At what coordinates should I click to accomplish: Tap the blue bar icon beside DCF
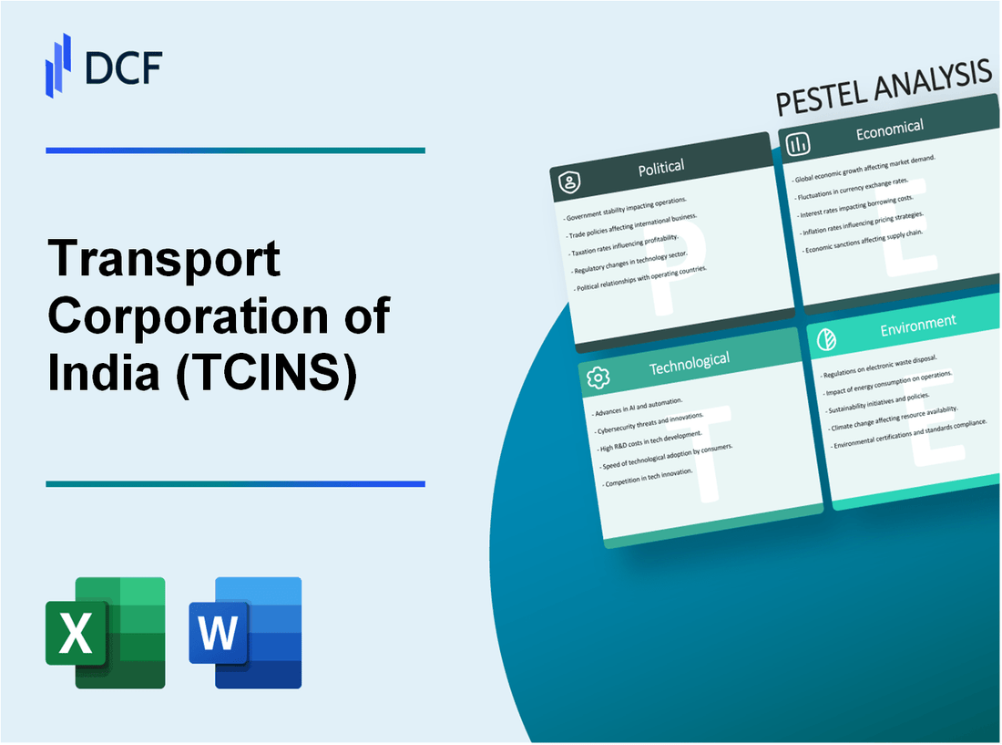(58, 65)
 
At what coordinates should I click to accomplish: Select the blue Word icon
(245, 632)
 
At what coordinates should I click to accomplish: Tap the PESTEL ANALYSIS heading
(883, 89)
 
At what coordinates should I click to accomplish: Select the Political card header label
(661, 168)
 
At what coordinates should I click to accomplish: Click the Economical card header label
(889, 129)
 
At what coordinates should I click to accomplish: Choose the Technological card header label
(689, 362)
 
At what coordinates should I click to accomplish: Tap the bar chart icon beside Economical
(798, 144)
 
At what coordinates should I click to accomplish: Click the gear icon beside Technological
(598, 378)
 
